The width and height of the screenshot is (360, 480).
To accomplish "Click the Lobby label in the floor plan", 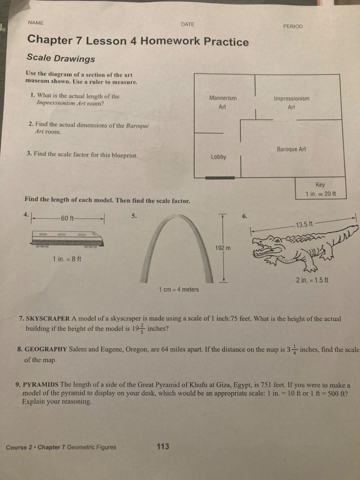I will [x=218, y=157].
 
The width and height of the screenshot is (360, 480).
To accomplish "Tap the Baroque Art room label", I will [x=291, y=149].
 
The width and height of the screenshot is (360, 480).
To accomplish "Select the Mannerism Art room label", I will [x=223, y=102].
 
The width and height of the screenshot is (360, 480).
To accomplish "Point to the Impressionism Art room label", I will [x=291, y=102].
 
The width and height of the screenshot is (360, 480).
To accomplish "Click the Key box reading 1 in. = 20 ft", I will [x=320, y=189].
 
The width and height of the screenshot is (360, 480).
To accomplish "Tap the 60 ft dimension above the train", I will [x=66, y=218].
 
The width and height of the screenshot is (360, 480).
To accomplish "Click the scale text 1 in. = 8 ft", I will [x=67, y=259].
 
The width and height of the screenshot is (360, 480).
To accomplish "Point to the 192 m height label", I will [x=223, y=248].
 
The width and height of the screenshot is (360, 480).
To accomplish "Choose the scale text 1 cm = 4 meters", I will [x=178, y=289].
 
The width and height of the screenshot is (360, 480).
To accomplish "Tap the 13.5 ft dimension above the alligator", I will [x=304, y=224].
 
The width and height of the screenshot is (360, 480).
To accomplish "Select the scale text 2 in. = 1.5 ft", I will [x=312, y=280].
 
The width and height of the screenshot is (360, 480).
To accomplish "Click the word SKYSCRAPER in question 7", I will [x=48, y=319].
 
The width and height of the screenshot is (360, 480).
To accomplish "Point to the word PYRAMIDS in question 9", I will [x=41, y=385].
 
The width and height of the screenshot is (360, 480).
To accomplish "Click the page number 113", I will [x=163, y=446].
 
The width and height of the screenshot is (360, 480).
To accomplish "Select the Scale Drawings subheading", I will [x=61, y=58].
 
